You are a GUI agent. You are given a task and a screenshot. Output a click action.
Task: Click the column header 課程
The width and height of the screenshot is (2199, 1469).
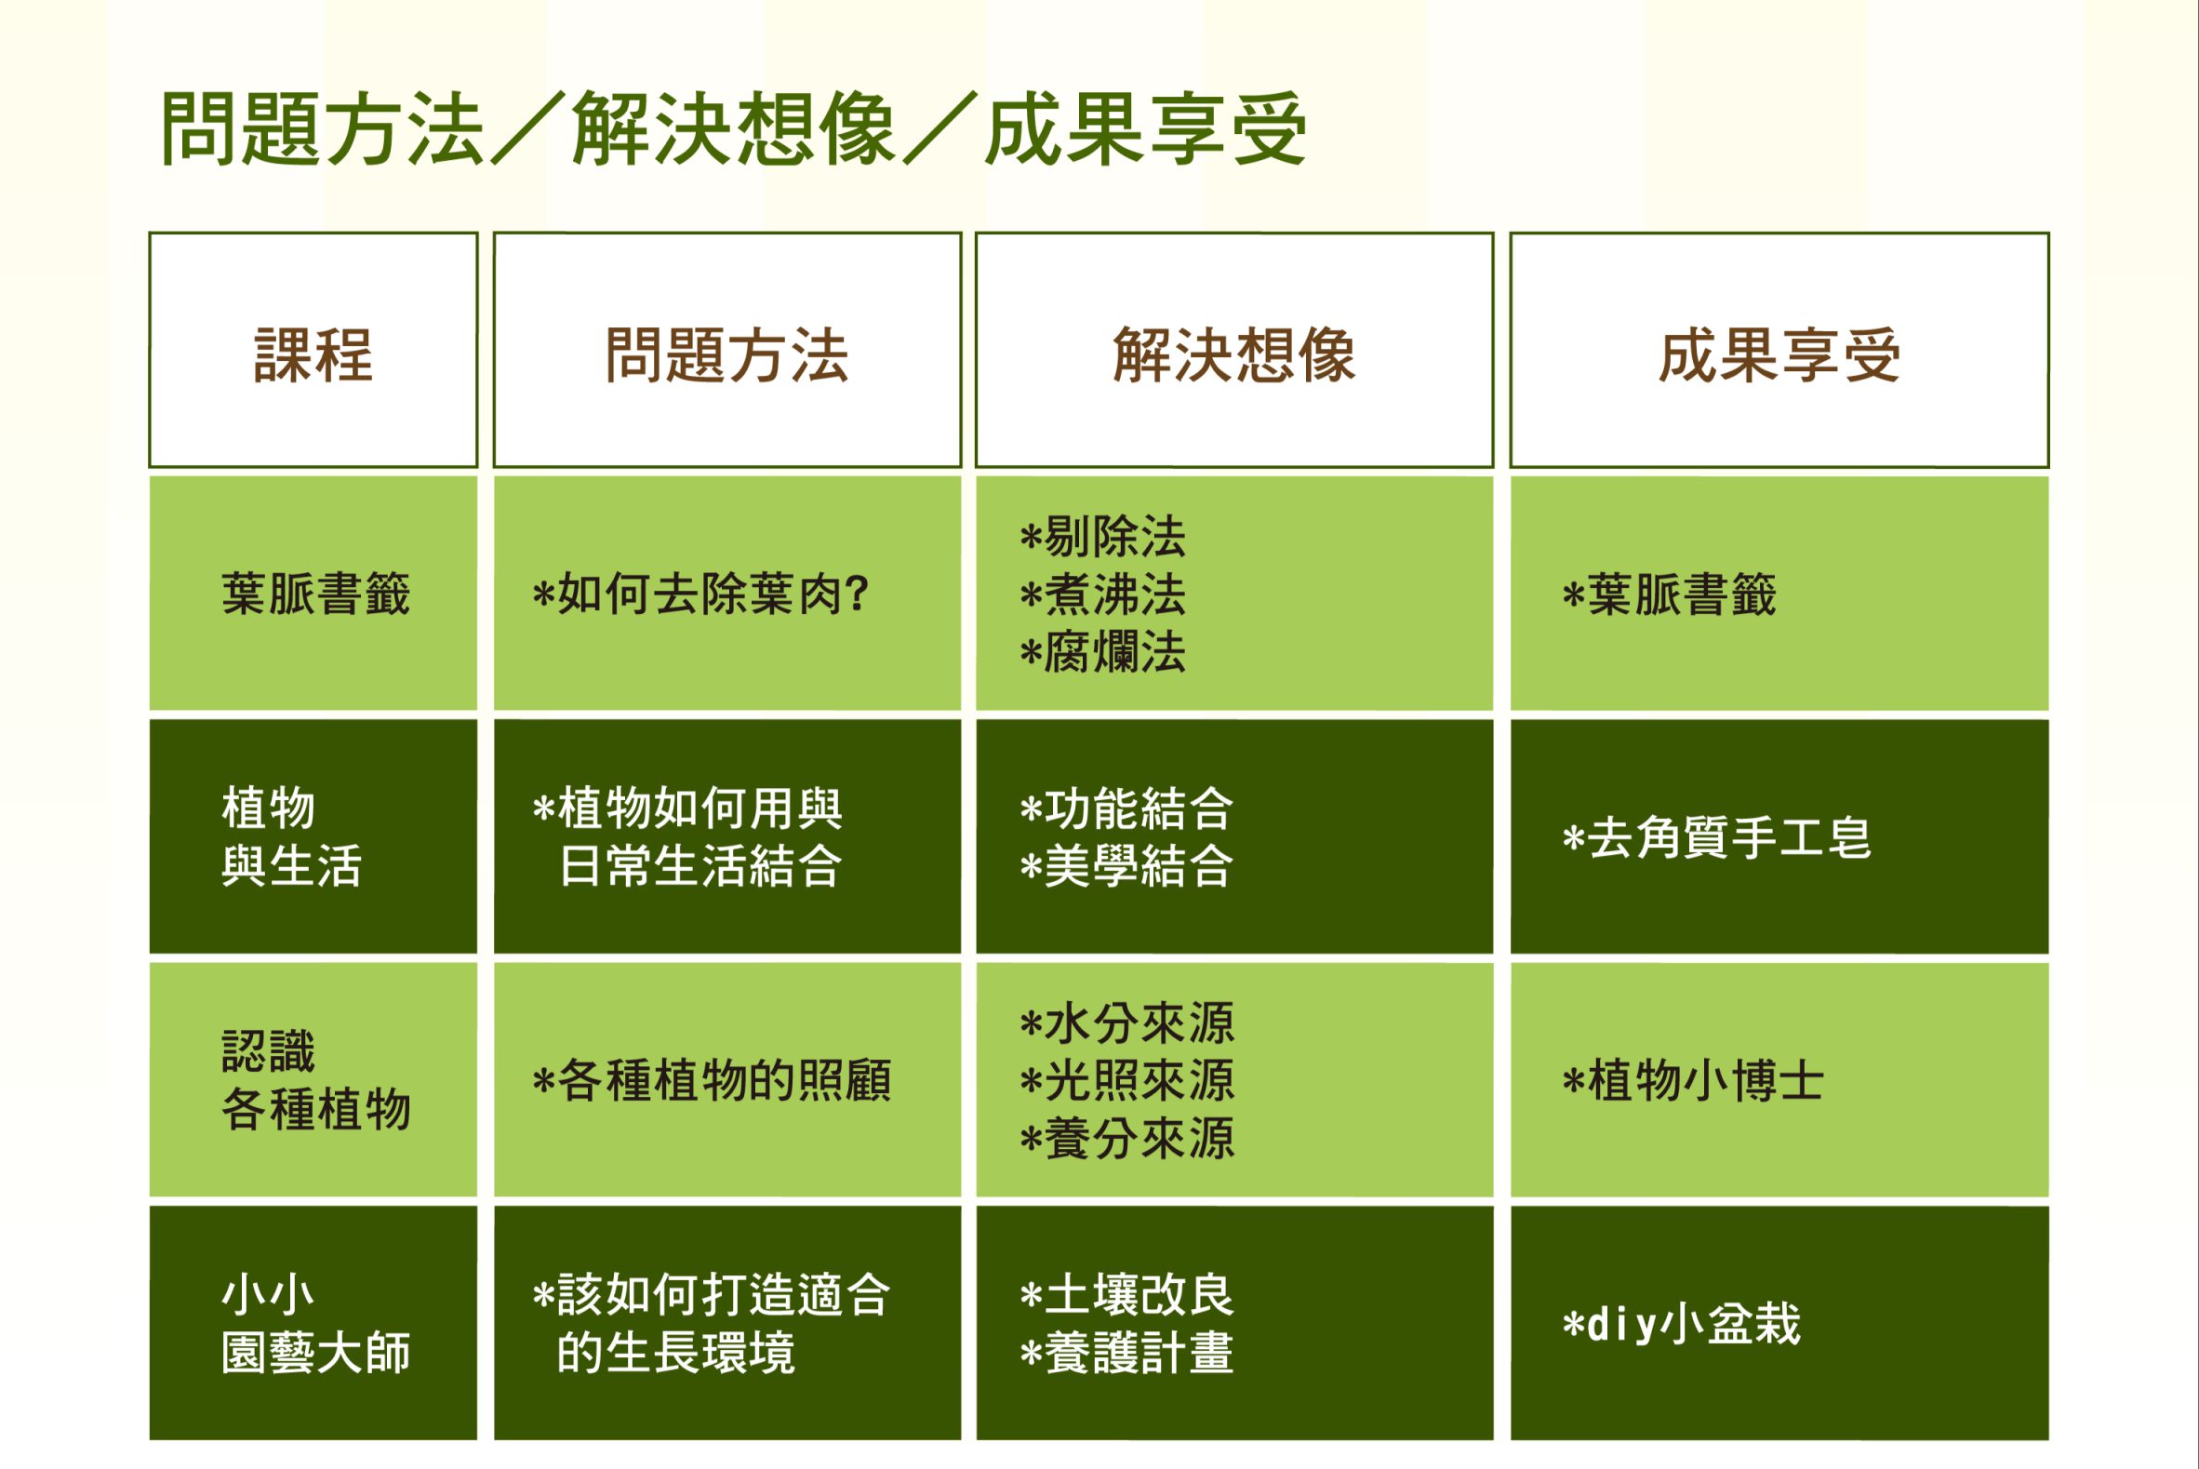coord(313,356)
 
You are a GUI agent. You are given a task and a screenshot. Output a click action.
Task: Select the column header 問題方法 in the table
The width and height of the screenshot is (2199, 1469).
coord(726,356)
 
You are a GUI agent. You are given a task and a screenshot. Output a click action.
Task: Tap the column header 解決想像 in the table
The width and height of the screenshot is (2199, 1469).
coord(1233,356)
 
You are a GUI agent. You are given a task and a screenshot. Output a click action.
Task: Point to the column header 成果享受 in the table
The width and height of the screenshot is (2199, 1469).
coord(1779,356)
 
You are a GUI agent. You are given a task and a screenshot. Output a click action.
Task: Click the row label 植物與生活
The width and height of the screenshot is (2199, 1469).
coord(291,836)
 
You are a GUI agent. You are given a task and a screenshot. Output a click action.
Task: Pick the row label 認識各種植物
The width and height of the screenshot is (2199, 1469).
coord(315,1080)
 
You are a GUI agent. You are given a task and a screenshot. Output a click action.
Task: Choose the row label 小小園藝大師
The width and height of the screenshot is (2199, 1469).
coord(315,1324)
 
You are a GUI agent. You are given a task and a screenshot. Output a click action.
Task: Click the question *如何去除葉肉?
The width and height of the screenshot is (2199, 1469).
coord(700,594)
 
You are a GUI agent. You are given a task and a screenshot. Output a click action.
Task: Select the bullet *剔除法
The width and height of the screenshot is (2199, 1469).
coord(1102,537)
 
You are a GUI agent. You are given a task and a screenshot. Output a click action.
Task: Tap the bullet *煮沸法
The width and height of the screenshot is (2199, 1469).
coord(1102,594)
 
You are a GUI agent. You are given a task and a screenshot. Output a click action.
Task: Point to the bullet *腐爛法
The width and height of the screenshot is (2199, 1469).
coord(1102,652)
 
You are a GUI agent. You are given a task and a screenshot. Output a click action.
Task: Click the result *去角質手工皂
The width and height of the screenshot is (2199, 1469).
coord(1716,837)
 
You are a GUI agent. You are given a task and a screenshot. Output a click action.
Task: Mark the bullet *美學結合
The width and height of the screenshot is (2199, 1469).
coord(1126,865)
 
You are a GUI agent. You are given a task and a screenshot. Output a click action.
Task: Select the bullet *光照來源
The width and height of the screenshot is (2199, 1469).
coord(1127,1081)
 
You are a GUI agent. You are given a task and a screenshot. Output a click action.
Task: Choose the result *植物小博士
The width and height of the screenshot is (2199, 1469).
coord(1693,1081)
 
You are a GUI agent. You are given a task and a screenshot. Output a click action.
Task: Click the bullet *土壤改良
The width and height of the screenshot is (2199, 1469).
coord(1126,1296)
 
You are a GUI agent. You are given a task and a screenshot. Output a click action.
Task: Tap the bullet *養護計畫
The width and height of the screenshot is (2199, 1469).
coord(1126,1353)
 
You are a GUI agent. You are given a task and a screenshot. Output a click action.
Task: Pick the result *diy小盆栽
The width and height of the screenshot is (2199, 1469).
coord(1681,1325)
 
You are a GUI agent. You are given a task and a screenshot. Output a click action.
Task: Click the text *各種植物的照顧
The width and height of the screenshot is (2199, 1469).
coord(712,1081)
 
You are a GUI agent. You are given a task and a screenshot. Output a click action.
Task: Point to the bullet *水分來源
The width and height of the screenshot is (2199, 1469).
coord(1127,1023)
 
